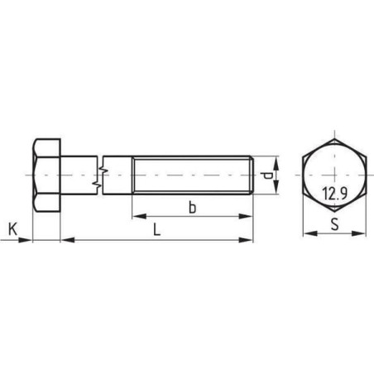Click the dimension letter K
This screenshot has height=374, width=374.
pyautogui.click(x=12, y=229)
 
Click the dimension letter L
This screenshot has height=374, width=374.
pyautogui.click(x=156, y=229)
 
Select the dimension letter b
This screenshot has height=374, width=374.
pyautogui.click(x=192, y=208)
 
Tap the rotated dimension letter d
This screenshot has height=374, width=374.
pyautogui.click(x=266, y=175)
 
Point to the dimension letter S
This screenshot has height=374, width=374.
pyautogui.click(x=334, y=224)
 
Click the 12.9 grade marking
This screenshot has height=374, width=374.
pyautogui.click(x=334, y=193)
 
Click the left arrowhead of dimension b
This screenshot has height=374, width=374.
pyautogui.click(x=139, y=217)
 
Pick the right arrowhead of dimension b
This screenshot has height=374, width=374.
pyautogui.click(x=246, y=217)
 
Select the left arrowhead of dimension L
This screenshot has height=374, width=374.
pyautogui.click(x=68, y=240)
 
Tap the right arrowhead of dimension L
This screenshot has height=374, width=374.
pyautogui.click(x=246, y=240)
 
